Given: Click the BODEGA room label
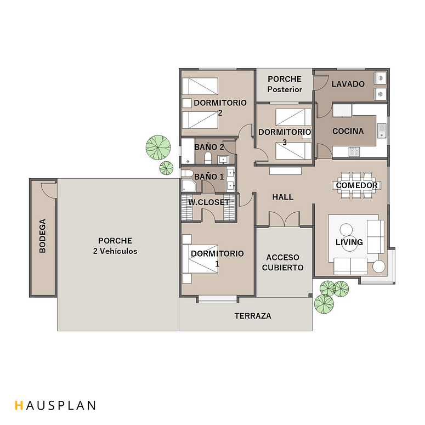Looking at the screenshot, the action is coord(43,236).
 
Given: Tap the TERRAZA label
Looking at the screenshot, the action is coord(253,316).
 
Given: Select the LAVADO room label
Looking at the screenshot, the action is coord(348,84).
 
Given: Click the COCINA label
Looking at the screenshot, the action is coord(348,131).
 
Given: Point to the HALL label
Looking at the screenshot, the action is coord(283,197).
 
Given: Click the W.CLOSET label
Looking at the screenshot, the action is coord(209,202).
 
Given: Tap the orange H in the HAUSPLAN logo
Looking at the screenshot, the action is coord(19,405).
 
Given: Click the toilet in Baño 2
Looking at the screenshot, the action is coord(208,158).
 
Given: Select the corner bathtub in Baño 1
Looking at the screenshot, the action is coord(189,185).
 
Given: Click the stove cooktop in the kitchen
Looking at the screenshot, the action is coord(354,151).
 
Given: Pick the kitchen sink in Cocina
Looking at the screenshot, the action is coord(382,131).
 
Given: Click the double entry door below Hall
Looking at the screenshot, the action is coord(284,219).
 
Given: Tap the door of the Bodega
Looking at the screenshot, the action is coord(49,190).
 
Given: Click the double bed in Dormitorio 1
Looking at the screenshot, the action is coord(200,259).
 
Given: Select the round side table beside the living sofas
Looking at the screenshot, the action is coord(378,267).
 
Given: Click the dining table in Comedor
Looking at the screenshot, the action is coord(356,185).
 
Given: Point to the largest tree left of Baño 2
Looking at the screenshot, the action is coord(158,148).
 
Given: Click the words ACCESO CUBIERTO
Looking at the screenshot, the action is coord(283,262).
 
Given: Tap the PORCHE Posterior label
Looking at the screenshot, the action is coord(285,84).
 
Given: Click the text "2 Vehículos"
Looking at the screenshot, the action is coord(115,251).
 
